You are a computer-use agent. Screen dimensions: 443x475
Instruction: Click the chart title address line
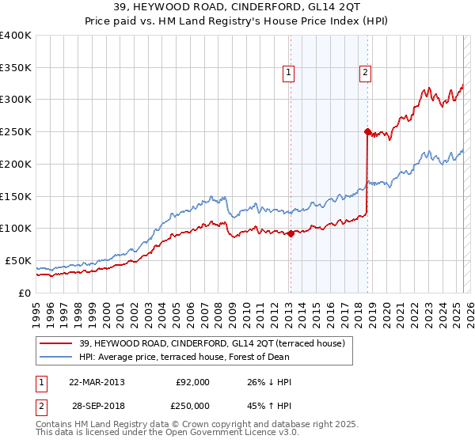[237, 9]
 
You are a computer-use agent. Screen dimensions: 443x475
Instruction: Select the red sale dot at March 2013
[291, 233]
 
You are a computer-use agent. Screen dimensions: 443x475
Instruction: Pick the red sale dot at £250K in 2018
[367, 131]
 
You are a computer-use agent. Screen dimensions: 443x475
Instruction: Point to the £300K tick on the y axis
[16, 100]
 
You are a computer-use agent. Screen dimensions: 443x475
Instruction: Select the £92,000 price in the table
[192, 382]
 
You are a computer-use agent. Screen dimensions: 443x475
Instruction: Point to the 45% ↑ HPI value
[270, 405]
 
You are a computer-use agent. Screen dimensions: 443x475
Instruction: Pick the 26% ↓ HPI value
[270, 382]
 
